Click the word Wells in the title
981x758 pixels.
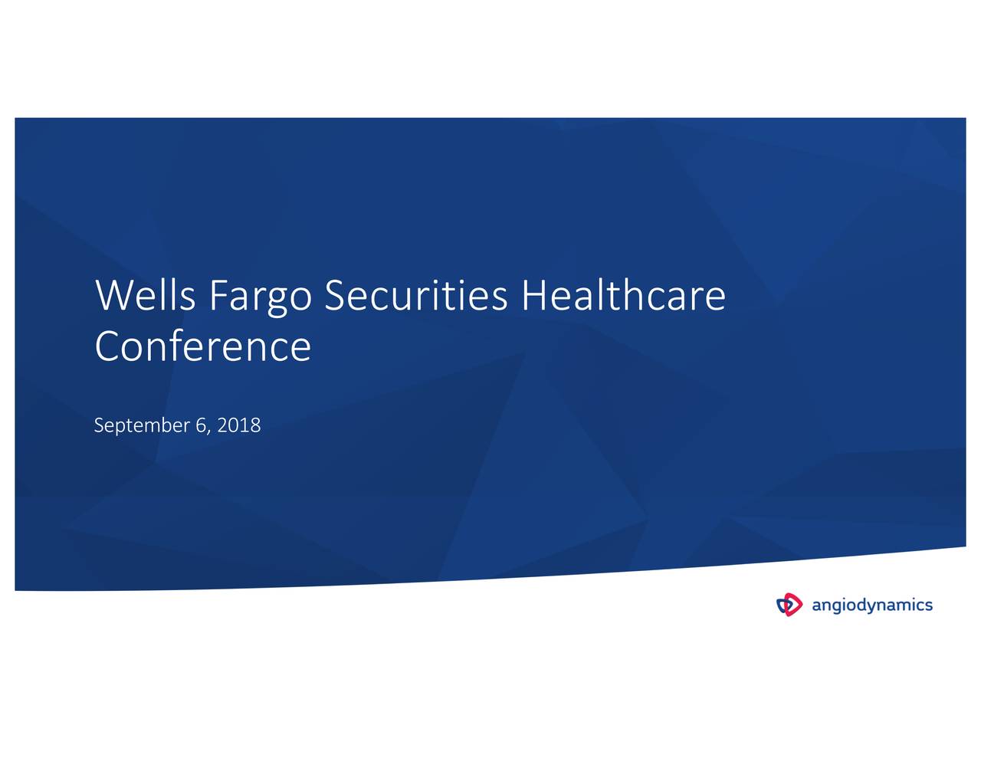pyautogui.click(x=146, y=296)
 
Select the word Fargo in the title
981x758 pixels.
pyautogui.click(x=260, y=296)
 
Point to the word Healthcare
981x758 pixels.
pyautogui.click(x=622, y=296)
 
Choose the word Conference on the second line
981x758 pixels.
pyautogui.click(x=203, y=346)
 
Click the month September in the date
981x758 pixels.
pyautogui.click(x=142, y=425)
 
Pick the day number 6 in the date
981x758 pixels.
pyautogui.click(x=201, y=425)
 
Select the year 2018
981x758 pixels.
pyautogui.click(x=239, y=425)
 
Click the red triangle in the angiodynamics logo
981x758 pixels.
pyautogui.click(x=793, y=604)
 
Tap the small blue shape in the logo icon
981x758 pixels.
pyautogui.click(x=783, y=605)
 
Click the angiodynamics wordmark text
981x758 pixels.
pyautogui.click(x=872, y=605)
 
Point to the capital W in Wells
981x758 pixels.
pyautogui.click(x=112, y=296)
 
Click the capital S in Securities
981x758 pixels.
pyautogui.click(x=334, y=296)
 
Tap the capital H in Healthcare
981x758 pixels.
pyautogui.click(x=534, y=296)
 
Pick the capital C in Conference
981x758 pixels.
pyautogui.click(x=108, y=346)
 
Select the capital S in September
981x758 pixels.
pyautogui.click(x=98, y=425)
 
